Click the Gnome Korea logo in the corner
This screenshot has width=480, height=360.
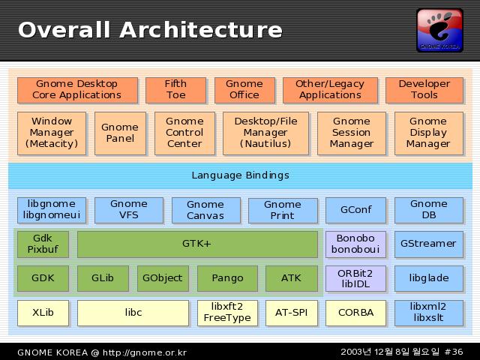point(439,30)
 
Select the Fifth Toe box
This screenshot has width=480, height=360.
point(175,89)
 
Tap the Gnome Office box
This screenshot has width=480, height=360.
point(244,89)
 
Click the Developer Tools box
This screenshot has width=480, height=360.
point(424,89)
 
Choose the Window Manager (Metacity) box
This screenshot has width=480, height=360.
point(52,133)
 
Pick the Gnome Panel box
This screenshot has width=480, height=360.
point(120,133)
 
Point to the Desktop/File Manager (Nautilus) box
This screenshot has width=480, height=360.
point(265,133)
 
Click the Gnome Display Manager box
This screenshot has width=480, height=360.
point(428,133)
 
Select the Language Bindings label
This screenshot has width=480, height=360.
point(240,175)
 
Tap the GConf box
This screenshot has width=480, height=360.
point(355,210)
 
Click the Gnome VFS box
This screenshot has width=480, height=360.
point(129,210)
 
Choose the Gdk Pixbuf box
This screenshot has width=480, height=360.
point(43,244)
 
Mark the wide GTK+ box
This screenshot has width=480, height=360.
point(197,244)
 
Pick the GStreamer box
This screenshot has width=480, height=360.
point(428,244)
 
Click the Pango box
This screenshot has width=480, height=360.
point(227,278)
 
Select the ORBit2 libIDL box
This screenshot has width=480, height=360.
point(355,278)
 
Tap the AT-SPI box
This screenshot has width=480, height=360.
point(291,313)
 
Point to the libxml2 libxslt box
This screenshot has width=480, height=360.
point(428,313)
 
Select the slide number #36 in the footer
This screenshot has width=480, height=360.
point(454,352)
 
